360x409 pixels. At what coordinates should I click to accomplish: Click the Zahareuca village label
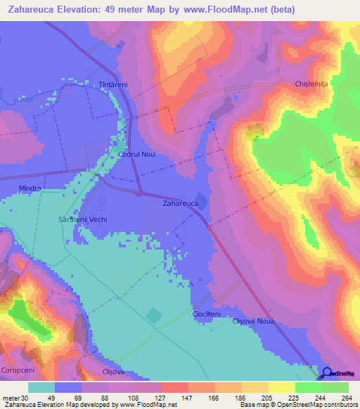click(x=181, y=203)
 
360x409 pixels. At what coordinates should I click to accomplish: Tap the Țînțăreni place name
click(x=112, y=84)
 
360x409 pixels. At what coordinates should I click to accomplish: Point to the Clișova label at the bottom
click(x=112, y=372)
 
